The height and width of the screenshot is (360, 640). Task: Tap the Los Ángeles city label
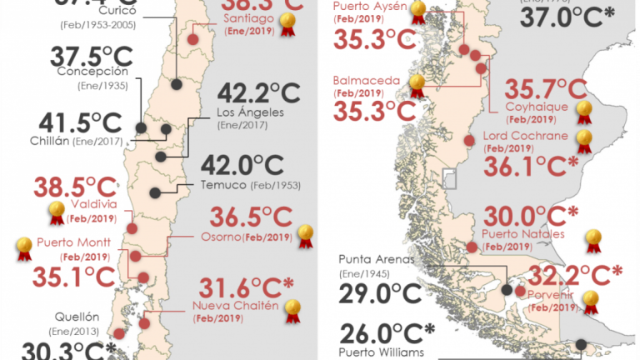[250, 112]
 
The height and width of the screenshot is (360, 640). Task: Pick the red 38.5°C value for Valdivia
[71, 186]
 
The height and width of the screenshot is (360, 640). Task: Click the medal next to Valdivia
[57, 213]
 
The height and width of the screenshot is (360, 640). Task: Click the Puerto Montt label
[68, 244]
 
